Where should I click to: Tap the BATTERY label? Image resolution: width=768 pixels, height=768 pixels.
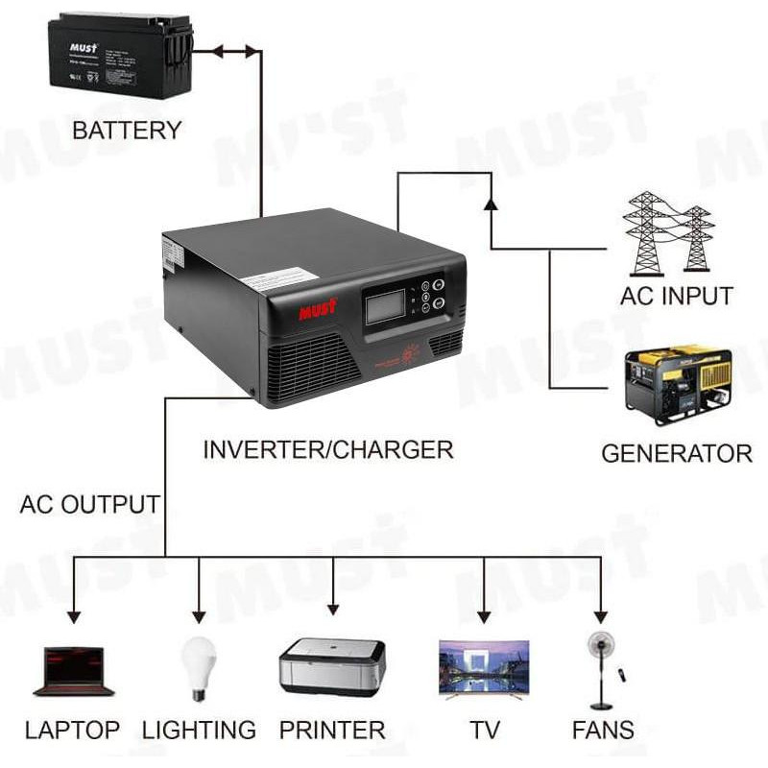click(x=126, y=130)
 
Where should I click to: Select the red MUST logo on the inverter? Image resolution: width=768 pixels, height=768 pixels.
click(x=319, y=312)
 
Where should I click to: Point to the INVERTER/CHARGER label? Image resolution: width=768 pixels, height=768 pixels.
click(x=327, y=448)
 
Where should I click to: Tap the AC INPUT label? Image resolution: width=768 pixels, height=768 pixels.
click(x=677, y=296)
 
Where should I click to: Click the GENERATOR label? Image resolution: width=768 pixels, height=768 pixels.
click(x=677, y=453)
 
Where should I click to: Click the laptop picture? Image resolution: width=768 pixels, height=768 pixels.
click(x=74, y=670)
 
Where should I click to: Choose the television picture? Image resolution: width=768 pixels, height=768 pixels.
click(x=484, y=666)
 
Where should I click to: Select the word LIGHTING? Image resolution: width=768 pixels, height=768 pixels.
click(x=199, y=731)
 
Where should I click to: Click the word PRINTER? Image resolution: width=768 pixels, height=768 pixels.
click(x=332, y=731)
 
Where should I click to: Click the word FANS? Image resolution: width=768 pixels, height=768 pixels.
click(x=603, y=731)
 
